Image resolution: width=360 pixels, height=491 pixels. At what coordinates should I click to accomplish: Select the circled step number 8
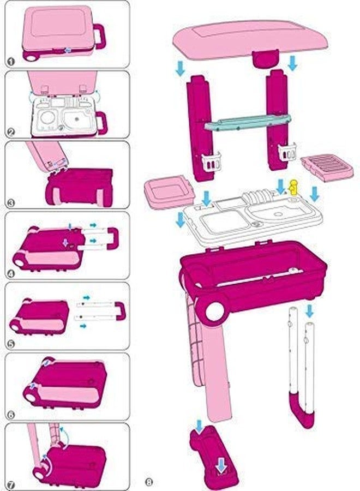coord(149,481)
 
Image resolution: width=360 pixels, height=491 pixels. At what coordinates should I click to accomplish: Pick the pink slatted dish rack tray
coord(327,166)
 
